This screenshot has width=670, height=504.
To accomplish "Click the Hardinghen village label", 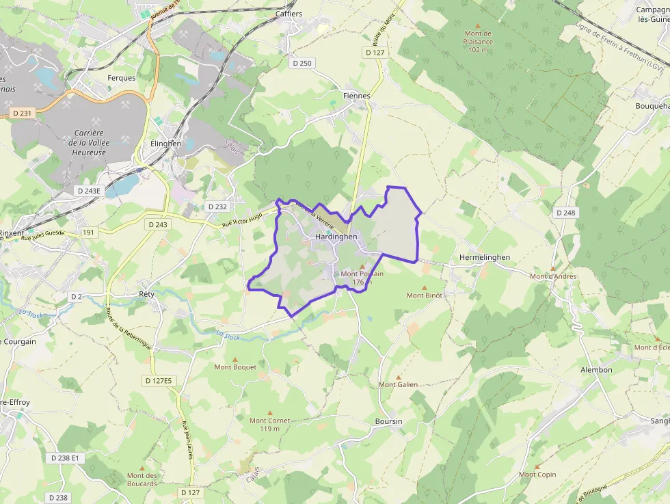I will pos(336,237).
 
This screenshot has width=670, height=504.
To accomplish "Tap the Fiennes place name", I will pos(356,96).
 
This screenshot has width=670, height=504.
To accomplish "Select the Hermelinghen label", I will pos(485,257).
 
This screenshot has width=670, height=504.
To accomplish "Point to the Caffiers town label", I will pos(289,14).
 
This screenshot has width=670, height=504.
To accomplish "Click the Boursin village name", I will pos(388,421).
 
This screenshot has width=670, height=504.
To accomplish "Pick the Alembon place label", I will pos(596,370).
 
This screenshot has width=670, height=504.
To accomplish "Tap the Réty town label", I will pos(146,294).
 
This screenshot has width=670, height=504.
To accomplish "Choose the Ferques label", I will pos(122,78).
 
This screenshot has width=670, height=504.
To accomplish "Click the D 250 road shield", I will pos(301,64).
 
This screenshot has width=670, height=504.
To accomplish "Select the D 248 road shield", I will pos(566,213).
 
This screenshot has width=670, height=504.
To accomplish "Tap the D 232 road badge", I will pos(217,207).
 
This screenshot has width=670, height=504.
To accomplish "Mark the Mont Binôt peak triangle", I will pos(424,287).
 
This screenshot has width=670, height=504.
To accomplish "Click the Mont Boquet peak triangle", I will pos(235,359).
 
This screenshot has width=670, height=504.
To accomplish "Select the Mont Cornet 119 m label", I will pos(269,425).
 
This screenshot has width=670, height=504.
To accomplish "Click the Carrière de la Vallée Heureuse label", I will pos(97,142).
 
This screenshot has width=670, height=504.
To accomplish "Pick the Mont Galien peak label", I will pos(398,384).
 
